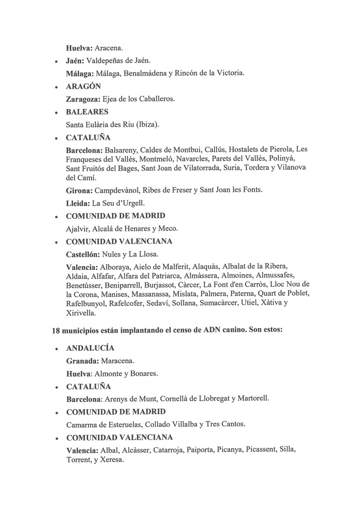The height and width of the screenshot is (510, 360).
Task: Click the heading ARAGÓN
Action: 84,86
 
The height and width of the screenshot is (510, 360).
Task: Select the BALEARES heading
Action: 87,112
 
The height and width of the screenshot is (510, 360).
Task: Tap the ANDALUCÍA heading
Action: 90,348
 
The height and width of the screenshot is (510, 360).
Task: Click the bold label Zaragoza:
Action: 84,99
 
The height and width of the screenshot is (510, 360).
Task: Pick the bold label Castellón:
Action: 84,253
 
